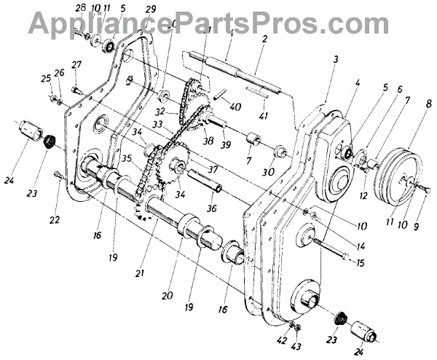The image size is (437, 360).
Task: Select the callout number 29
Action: pos(151,8)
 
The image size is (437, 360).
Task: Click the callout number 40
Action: pos(234,106)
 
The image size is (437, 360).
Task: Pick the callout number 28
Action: pos(82,8)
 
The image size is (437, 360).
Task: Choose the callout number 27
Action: pos(75,64)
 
